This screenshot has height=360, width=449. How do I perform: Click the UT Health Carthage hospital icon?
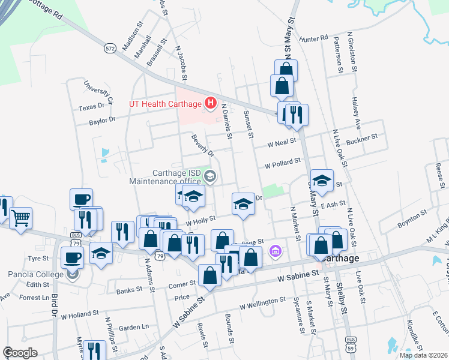pyautogui.click(x=210, y=104)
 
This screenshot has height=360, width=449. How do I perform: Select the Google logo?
pyautogui.click(x=20, y=353)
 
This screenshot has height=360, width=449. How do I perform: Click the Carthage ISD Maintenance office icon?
pyautogui.click(x=210, y=176)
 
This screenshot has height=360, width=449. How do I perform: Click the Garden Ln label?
pyautogui.click(x=133, y=328)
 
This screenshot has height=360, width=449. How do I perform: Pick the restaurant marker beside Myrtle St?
pyautogui.click(x=94, y=350)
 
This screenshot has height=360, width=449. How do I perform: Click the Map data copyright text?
pyautogui.click(x=423, y=355)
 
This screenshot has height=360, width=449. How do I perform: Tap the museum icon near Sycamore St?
pyautogui.click(x=276, y=250)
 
